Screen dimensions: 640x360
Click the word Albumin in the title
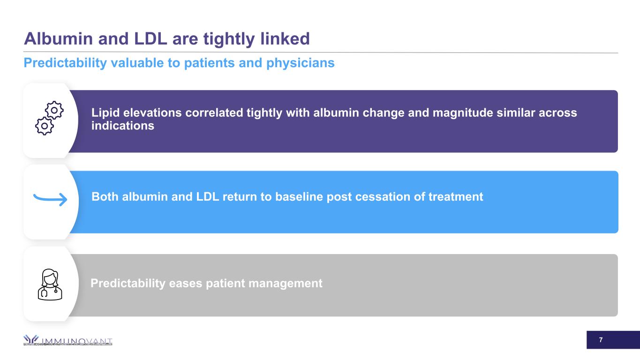point(58,38)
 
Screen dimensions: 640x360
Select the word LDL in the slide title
point(151,38)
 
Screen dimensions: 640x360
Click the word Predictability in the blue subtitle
point(65,63)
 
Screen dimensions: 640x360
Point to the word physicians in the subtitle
point(300,63)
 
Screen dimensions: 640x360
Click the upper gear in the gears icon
point(54,110)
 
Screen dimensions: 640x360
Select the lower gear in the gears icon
point(45,126)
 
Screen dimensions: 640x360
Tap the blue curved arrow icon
point(50,199)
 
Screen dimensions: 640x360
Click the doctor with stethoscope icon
point(50,285)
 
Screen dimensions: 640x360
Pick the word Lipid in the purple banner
point(105,112)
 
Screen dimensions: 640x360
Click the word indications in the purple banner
point(123,126)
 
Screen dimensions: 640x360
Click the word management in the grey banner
point(286,284)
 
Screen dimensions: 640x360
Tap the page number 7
point(601,340)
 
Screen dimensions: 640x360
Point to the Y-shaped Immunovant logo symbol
point(31,339)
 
